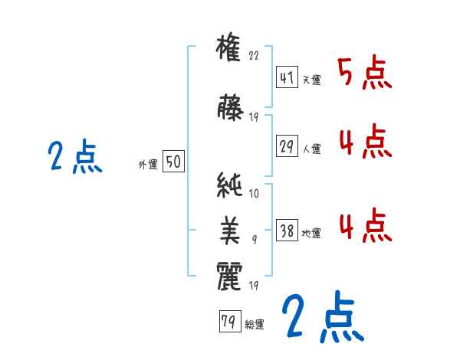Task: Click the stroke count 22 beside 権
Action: tap(255, 56)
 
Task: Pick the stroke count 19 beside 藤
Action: tap(255, 117)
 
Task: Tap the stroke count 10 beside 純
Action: tap(255, 195)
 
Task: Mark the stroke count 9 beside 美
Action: tap(255, 240)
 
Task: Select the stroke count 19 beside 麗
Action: tap(255, 286)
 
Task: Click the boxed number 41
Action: tap(287, 78)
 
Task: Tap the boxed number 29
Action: tap(287, 146)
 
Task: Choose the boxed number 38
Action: tap(287, 231)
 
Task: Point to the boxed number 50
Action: tap(172, 162)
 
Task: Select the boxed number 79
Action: tap(228, 322)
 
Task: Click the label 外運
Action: tap(147, 164)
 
